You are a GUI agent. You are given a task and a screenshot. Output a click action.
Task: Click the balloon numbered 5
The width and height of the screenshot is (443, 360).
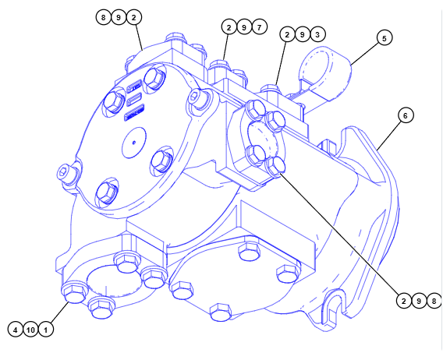[x=385, y=38]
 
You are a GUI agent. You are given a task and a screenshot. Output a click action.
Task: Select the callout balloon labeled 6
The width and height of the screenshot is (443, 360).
[x=406, y=115]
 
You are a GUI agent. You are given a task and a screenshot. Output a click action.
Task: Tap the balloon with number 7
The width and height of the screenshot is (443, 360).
[x=260, y=27]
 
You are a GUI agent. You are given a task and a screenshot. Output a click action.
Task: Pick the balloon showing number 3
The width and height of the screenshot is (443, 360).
[x=317, y=34]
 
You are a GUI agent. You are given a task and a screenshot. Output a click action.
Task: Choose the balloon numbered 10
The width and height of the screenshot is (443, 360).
[x=30, y=330]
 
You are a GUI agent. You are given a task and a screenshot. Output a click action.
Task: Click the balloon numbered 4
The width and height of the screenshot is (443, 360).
[x=16, y=330]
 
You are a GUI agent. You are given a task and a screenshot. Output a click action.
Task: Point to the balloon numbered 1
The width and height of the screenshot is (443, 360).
[x=46, y=330]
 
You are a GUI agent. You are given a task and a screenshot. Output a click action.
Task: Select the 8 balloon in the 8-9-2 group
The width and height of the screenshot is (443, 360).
[x=104, y=17]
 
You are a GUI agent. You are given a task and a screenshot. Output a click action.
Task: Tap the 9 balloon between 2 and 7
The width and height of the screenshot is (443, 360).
[x=244, y=27]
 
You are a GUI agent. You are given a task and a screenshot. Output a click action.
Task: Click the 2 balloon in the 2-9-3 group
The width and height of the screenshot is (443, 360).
[x=287, y=34]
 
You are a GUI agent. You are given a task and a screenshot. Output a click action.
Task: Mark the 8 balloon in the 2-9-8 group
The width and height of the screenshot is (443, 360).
[x=434, y=301]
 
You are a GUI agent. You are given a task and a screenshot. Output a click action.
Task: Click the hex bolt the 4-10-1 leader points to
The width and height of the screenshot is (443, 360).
[x=75, y=292]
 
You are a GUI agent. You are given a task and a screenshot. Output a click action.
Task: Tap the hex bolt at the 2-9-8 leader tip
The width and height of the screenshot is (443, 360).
[x=276, y=166]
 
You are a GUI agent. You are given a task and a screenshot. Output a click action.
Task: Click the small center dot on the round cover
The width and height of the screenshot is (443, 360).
[x=134, y=143]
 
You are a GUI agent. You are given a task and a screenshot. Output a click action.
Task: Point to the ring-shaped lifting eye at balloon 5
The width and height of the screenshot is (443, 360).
[x=325, y=75]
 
